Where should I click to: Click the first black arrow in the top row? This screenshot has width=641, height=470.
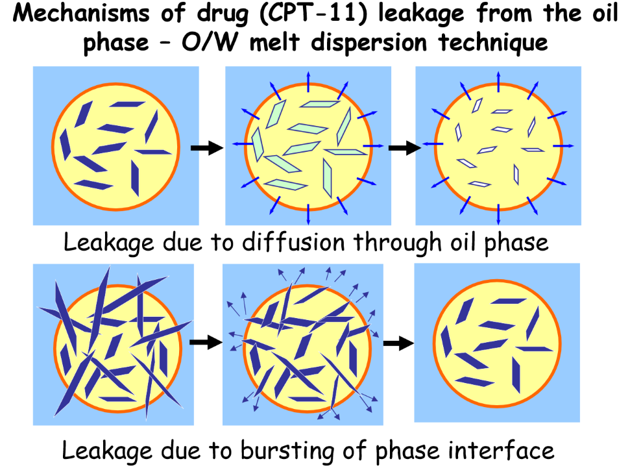pyautogui.click(x=206, y=148)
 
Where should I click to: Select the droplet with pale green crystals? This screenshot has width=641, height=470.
pyautogui.click(x=308, y=147)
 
